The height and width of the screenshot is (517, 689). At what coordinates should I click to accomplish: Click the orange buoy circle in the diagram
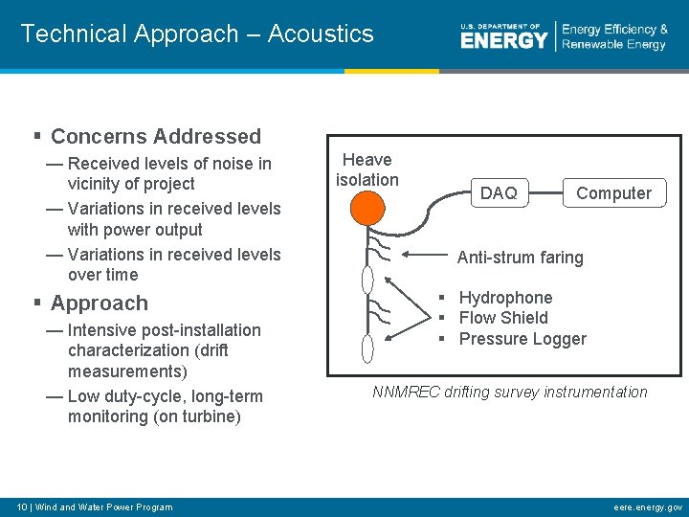click(x=367, y=208)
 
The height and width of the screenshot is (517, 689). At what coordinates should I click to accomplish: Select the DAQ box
click(x=498, y=193)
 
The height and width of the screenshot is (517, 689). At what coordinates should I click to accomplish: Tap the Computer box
click(x=613, y=193)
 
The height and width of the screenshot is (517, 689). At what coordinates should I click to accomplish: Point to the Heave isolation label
click(x=367, y=169)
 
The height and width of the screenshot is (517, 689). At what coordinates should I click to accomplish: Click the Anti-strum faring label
click(x=520, y=258)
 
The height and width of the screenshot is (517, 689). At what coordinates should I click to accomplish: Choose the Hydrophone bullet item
click(x=505, y=298)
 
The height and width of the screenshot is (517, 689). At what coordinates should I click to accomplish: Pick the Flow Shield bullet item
click(x=503, y=318)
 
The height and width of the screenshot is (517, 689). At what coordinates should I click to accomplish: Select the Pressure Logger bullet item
click(x=522, y=339)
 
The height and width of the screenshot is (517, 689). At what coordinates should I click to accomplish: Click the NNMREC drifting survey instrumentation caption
click(x=509, y=392)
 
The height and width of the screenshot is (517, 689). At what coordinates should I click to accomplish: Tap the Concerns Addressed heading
click(x=155, y=137)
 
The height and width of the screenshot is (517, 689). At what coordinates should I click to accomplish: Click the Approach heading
click(x=100, y=303)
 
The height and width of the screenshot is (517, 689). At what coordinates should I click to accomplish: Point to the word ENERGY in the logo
click(x=503, y=40)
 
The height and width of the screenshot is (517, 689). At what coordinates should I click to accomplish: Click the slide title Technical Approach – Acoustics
click(x=197, y=34)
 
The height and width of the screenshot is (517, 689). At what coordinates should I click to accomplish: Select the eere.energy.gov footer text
click(x=648, y=506)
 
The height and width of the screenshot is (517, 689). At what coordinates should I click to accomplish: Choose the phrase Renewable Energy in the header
click(x=613, y=45)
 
